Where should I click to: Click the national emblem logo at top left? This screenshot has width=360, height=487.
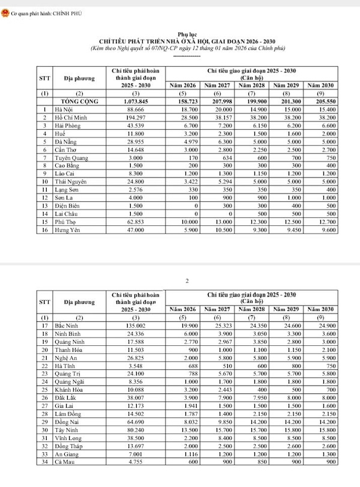click(x=5, y=13)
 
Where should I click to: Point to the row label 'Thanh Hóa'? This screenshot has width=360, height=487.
click(x=68, y=349)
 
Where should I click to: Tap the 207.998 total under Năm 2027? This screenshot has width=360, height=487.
click(x=217, y=102)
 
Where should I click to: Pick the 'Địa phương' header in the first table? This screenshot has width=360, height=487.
click(x=76, y=79)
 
